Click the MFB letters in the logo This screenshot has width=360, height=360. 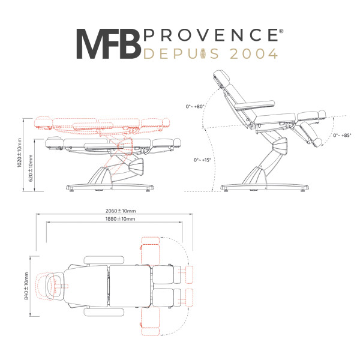click(x=109, y=44)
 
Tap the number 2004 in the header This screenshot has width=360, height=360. click(x=254, y=54)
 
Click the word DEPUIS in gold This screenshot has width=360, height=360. click(x=181, y=54)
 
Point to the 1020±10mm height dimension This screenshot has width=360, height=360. click(x=20, y=152)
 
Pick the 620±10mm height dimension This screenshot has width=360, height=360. click(x=31, y=168)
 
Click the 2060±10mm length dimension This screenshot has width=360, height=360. click(x=121, y=211)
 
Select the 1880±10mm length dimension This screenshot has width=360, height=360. click(x=121, y=219)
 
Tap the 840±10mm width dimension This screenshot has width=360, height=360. click(x=26, y=286)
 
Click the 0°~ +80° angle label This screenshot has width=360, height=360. click(x=195, y=107)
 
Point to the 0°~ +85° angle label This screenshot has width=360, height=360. click(x=342, y=135)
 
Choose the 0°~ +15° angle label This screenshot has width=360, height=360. click(x=202, y=160)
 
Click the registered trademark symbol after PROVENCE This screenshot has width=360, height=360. click(x=282, y=31)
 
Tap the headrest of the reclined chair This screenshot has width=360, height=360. click(x=222, y=78)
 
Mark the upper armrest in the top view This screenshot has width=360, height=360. click(x=104, y=260)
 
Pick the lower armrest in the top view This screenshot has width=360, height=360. click(x=104, y=312)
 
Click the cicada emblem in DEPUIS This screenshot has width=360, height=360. click(x=203, y=53)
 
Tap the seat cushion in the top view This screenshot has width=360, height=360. click(x=130, y=286)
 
